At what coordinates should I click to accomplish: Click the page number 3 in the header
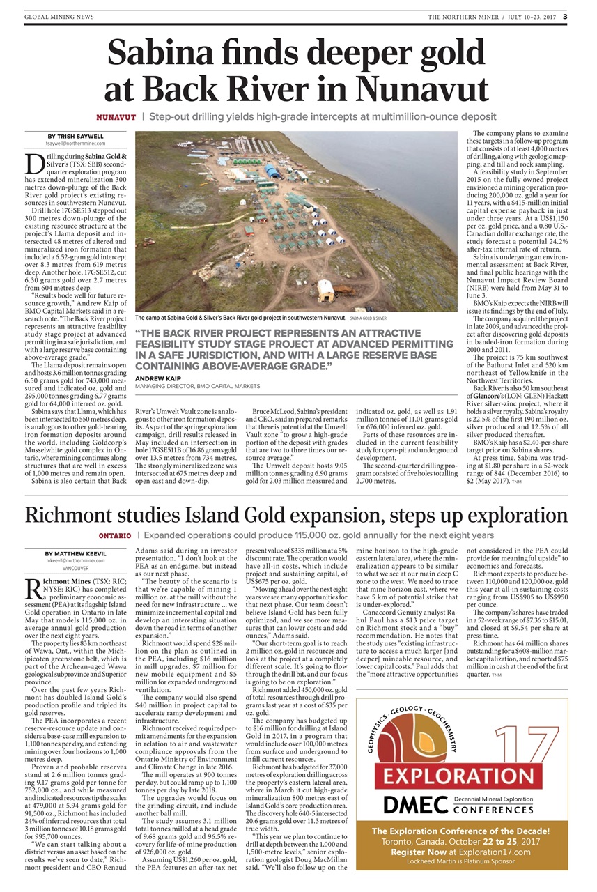[x=566, y=16]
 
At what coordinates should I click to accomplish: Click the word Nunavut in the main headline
[x=419, y=89]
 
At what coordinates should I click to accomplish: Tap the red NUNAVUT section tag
[x=116, y=116]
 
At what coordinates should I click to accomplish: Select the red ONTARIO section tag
[x=114, y=535]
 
